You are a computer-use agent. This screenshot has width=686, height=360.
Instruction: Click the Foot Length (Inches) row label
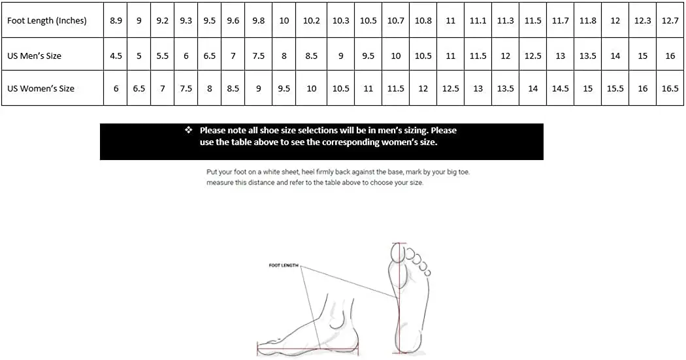coord(47,20)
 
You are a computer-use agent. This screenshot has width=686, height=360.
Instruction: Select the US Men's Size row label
coord(35,56)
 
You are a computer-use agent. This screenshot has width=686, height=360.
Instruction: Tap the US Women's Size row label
coord(41,88)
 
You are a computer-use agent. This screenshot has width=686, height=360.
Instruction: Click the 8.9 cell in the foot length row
coord(116,20)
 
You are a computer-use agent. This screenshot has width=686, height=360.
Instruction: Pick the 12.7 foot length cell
coord(670,20)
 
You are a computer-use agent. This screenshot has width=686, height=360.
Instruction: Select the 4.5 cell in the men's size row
coord(116,56)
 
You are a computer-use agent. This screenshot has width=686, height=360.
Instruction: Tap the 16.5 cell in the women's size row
coord(670,88)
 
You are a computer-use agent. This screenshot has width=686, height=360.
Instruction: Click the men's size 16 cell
coord(670,56)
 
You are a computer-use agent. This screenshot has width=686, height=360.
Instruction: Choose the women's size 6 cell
coord(116,88)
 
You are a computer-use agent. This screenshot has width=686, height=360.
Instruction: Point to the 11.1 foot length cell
coord(478,20)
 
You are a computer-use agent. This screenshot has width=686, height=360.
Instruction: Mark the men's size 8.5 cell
coord(312,56)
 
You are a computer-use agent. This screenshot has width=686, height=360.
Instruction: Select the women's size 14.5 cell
coord(561,88)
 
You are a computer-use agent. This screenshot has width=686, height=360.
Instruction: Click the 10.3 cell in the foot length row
coord(340,20)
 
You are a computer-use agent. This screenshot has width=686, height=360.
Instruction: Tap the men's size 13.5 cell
coord(588,56)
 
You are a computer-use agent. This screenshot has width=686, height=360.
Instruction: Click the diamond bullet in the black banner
coord(188,131)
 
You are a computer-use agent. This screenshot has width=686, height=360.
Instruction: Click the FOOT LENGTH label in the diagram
coord(284,265)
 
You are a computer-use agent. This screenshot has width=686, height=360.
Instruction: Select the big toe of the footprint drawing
coord(398,253)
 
